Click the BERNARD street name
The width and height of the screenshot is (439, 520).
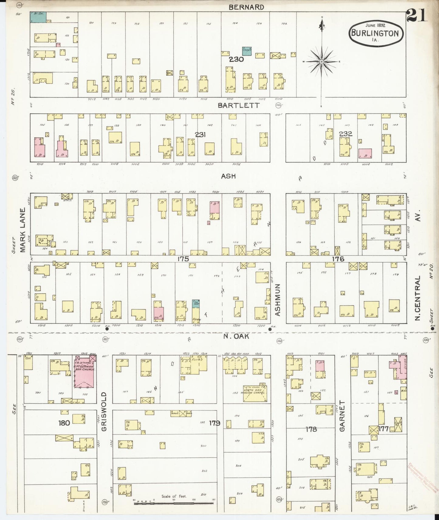(x=246, y=7)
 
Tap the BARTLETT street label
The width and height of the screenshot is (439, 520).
(x=239, y=105)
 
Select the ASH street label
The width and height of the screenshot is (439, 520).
(x=228, y=176)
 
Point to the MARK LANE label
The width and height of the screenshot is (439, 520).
(x=23, y=231)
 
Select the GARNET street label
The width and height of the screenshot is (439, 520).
(x=342, y=416)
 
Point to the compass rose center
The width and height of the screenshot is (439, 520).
(x=321, y=62)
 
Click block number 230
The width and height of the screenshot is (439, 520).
(x=236, y=59)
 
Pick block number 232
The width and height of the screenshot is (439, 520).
(x=345, y=133)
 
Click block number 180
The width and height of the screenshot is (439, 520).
(x=64, y=423)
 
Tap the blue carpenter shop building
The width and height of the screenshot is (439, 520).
(x=246, y=51)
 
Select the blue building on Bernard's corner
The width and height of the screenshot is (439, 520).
(x=38, y=17)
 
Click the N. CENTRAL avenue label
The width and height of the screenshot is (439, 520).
(x=417, y=298)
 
